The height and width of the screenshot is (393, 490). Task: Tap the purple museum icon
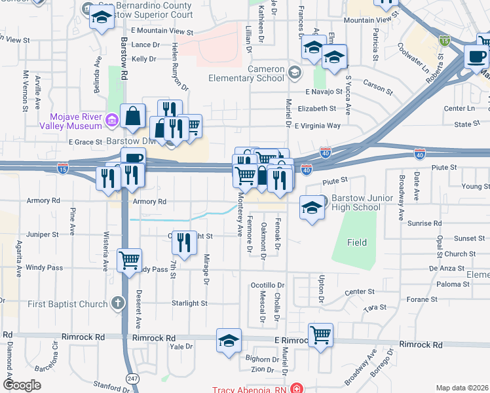pyautogui.click(x=112, y=120)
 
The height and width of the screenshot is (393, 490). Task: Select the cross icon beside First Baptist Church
pyautogui.click(x=117, y=303)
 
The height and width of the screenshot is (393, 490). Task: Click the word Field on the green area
pyautogui.click(x=357, y=242)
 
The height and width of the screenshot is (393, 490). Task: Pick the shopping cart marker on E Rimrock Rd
pyautogui.click(x=320, y=335)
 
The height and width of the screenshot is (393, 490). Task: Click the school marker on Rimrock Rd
pyautogui.click(x=229, y=340)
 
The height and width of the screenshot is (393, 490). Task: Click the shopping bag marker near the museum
pyautogui.click(x=133, y=116)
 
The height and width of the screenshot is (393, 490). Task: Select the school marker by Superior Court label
pyautogui.click(x=102, y=18)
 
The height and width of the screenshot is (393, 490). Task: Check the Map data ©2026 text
pyautogui.click(x=461, y=388)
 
